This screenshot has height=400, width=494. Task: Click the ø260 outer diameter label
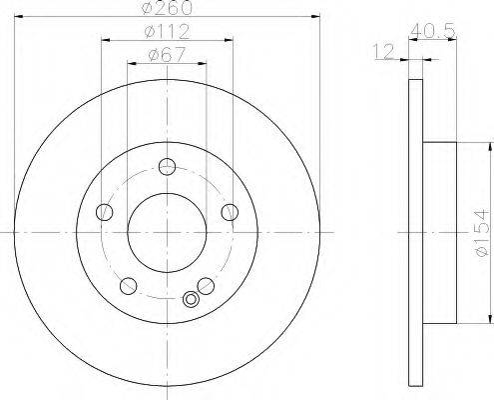167,7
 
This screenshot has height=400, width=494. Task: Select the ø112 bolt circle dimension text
167,32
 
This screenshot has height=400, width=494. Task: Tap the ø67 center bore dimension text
167,54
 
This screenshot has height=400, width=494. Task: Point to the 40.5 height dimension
432,32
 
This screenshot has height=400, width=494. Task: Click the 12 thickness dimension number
383,52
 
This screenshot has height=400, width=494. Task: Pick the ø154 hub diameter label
483,233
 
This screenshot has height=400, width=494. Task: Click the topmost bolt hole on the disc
167,167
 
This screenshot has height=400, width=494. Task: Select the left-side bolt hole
105,212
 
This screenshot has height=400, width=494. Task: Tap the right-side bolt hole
230,212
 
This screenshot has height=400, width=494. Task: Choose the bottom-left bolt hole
129,286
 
